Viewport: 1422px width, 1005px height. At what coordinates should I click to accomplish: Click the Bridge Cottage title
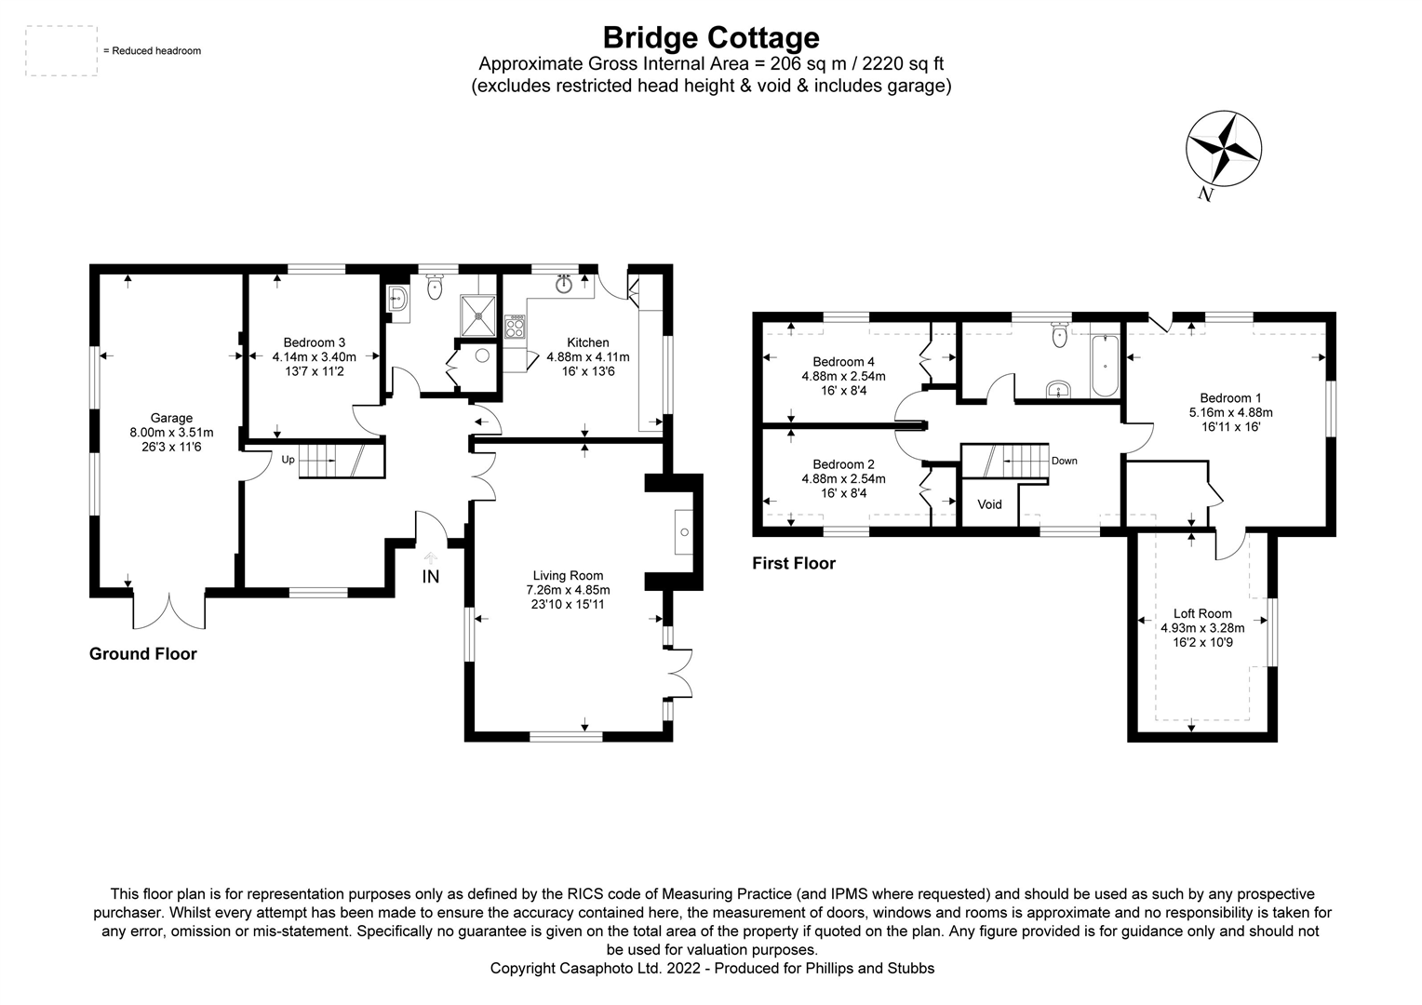pos(711,37)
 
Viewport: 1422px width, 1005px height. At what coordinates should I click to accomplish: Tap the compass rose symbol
pos(1223,149)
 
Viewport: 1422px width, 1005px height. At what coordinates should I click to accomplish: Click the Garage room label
pos(171,418)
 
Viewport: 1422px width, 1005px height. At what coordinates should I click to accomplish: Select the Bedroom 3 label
pos(315,342)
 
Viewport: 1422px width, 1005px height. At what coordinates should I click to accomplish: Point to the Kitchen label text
pos(588,342)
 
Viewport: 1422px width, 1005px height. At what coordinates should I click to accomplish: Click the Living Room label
pos(568,575)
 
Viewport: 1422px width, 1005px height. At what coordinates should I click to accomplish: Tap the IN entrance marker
pos(430,576)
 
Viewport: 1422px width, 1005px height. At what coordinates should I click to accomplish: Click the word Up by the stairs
pos(288,460)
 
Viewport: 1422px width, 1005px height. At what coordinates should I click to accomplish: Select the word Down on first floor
pos(1064,461)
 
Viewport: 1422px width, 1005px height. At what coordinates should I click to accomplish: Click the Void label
pos(989,504)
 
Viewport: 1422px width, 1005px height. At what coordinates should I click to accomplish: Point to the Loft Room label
pos(1202,613)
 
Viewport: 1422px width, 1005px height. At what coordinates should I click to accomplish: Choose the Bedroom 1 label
pos(1230,398)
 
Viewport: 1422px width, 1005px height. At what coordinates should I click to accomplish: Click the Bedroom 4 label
pos(844,362)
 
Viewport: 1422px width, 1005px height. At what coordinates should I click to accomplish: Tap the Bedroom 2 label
pos(844,464)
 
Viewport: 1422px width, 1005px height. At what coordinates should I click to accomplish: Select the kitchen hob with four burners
pos(515,327)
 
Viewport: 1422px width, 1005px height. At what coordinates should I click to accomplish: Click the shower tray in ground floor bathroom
pos(479,315)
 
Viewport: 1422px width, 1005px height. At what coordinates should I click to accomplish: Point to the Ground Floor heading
pos(142,654)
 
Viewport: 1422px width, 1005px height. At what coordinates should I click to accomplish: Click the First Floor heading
pos(794,563)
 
